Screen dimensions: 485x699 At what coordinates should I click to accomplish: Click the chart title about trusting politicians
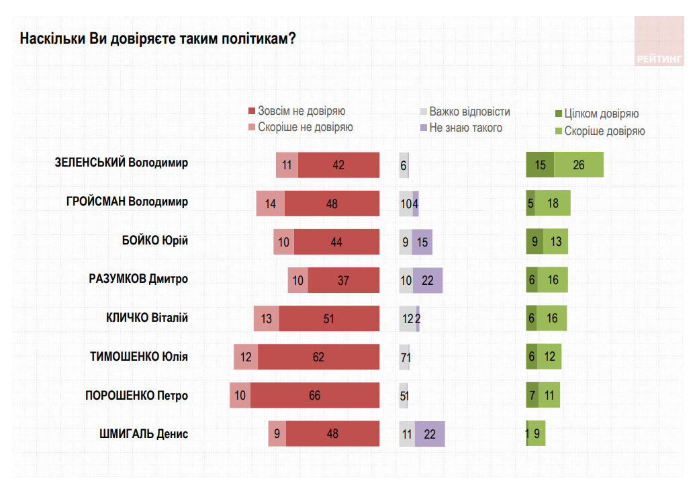(158, 38)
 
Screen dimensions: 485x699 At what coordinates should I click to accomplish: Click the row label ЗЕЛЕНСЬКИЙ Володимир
(121, 163)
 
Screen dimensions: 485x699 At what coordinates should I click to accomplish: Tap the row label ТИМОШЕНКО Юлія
(138, 357)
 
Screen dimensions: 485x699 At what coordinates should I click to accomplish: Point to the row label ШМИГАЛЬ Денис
(143, 434)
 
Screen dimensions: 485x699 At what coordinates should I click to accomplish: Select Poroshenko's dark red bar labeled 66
(315, 396)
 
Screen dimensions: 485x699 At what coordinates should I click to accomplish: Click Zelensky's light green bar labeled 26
(579, 165)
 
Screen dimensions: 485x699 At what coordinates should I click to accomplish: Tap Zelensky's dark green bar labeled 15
(540, 165)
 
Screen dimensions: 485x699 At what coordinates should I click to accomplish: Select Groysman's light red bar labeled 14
(271, 204)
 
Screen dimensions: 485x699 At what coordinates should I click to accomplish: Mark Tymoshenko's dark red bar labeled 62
(318, 357)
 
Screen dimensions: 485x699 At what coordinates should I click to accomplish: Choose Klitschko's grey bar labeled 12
(408, 318)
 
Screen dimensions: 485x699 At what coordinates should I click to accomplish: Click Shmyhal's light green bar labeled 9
(537, 434)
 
